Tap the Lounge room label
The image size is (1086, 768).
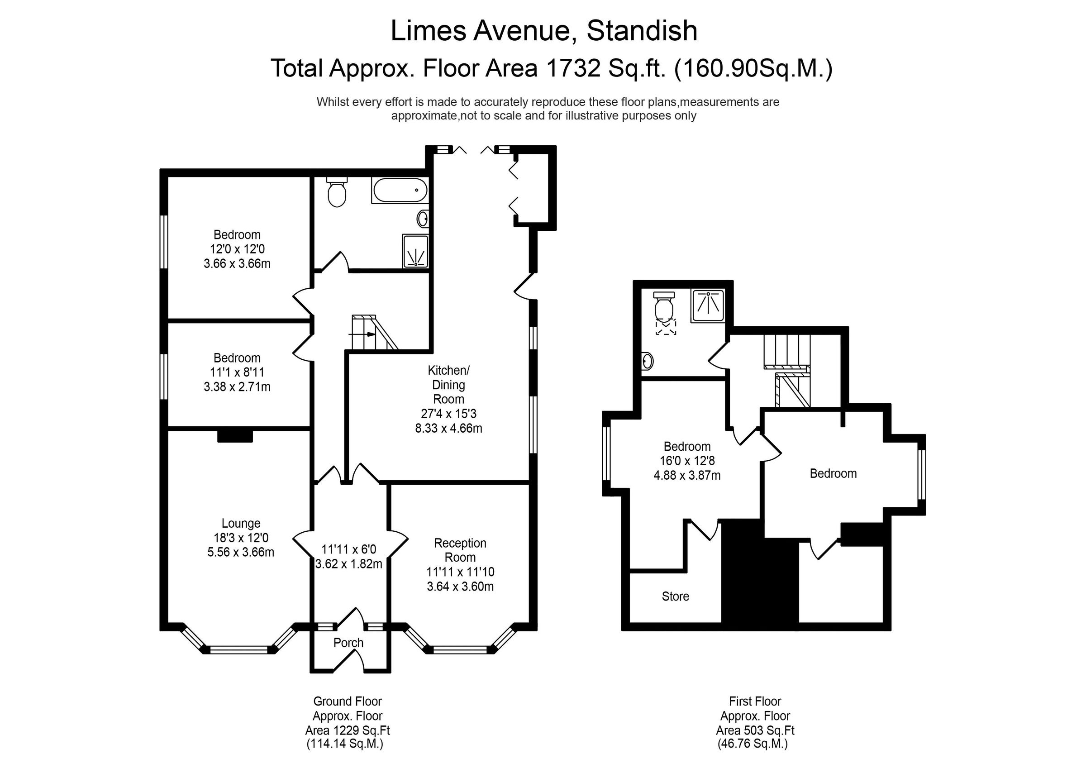point(241,523)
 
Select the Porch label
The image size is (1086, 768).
point(348,643)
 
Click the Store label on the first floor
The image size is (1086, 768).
point(675,596)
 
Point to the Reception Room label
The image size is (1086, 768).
point(460,550)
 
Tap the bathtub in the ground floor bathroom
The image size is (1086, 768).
point(400,190)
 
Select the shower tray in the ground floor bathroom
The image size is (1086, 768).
point(415,251)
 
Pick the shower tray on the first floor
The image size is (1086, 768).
point(708,305)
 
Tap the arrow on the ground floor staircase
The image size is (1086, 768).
point(362,334)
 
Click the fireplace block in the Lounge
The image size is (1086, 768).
point(235,436)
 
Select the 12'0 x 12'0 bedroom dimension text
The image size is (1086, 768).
point(237,249)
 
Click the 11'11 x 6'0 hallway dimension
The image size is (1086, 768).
point(348,549)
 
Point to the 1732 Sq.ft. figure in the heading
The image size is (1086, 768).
point(606,68)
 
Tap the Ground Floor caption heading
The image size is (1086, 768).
point(347,701)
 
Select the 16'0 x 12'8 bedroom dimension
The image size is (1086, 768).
point(687,460)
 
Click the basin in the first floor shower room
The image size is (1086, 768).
point(648,362)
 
